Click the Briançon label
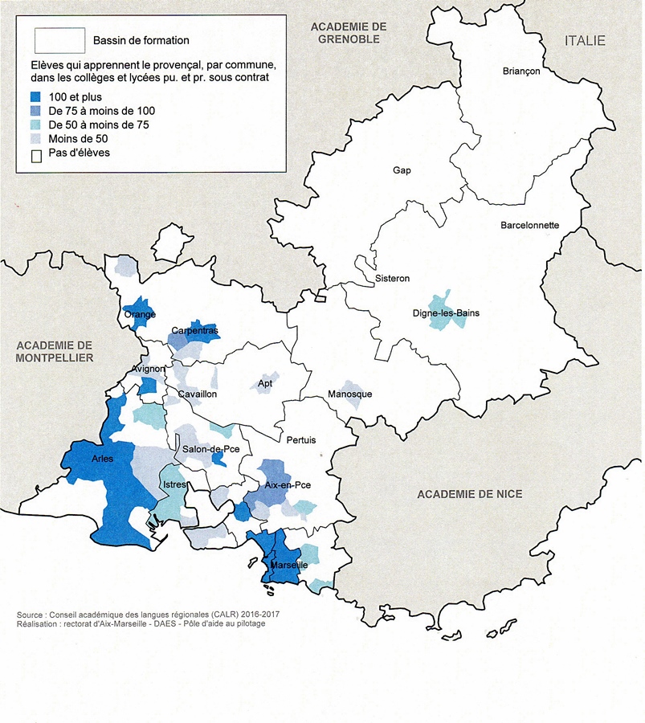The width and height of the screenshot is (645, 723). [x=521, y=71]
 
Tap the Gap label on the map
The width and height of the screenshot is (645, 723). [x=402, y=170]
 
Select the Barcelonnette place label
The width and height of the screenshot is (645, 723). [x=529, y=226]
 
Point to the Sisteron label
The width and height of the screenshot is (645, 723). [x=392, y=279]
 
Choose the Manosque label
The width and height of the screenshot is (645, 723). [x=349, y=394]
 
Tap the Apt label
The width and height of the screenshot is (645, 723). [x=265, y=385]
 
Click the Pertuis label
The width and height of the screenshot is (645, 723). [x=301, y=440]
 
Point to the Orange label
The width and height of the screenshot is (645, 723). [x=140, y=315]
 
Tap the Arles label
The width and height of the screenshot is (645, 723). [x=103, y=460]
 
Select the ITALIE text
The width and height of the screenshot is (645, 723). [x=585, y=41]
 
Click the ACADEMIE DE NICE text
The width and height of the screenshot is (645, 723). [x=469, y=494]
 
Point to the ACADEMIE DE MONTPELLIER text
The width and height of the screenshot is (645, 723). [x=55, y=351]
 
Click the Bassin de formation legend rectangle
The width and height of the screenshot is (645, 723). [x=59, y=39]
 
